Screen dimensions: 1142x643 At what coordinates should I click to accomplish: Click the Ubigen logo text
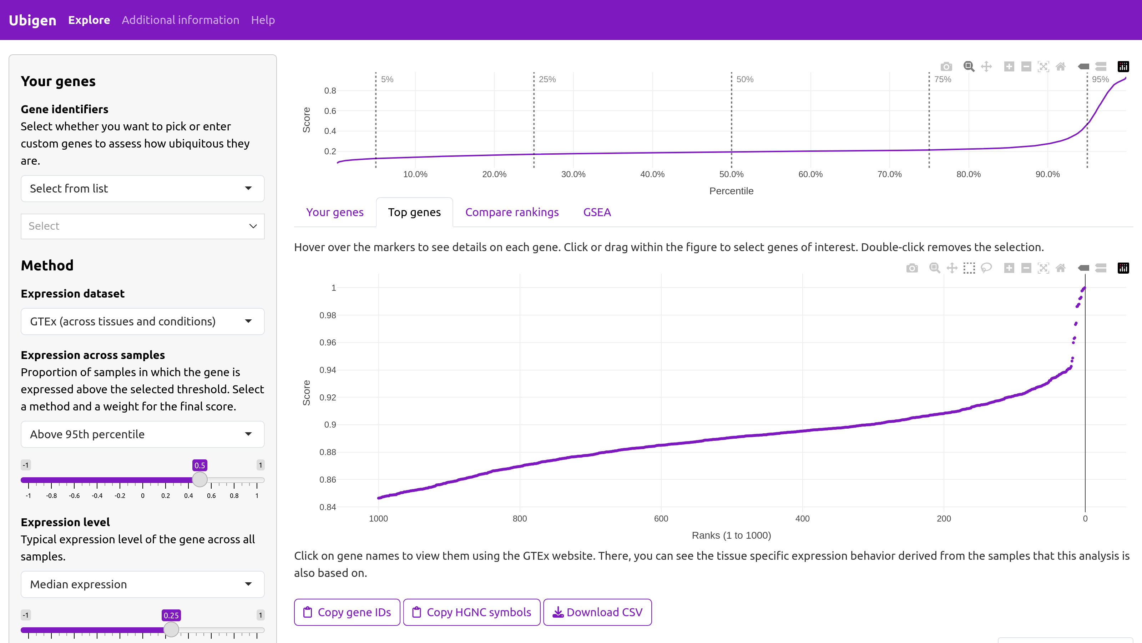(x=32, y=20)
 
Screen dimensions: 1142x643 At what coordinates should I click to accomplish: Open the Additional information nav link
(x=181, y=20)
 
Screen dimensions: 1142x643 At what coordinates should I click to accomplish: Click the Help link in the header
(x=263, y=20)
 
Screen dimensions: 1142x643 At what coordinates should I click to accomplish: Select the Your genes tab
(x=335, y=212)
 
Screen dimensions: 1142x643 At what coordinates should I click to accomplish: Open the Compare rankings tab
(x=512, y=212)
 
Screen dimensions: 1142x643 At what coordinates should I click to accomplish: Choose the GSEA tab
(x=597, y=212)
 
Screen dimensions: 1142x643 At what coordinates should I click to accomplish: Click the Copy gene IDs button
(x=347, y=612)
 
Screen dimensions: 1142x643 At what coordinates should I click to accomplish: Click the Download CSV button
(x=598, y=612)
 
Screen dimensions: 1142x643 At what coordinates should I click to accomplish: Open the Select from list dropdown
(x=143, y=189)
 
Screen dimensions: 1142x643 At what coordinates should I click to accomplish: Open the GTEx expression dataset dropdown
(x=143, y=321)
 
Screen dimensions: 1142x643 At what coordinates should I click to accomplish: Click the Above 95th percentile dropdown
(x=143, y=434)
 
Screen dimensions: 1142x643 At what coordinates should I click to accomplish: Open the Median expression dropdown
(x=143, y=584)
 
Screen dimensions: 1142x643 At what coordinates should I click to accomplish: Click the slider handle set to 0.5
(x=200, y=480)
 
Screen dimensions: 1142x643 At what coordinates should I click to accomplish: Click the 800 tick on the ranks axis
(x=520, y=519)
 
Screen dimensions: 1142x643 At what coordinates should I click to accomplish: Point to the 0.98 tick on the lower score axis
(x=328, y=315)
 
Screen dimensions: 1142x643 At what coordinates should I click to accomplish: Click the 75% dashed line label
(x=943, y=79)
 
